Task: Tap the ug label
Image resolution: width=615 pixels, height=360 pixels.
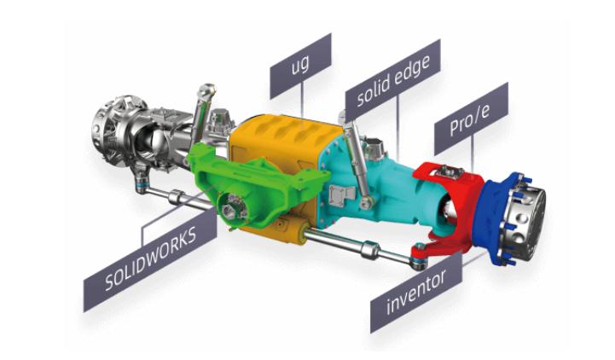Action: [x=300, y=66]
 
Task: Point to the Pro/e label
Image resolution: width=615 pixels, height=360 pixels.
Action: [x=471, y=119]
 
